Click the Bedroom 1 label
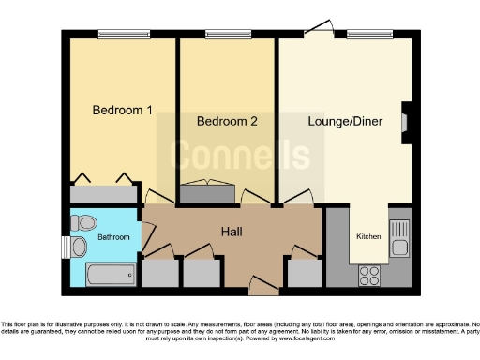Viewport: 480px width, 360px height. pyautogui.click(x=122, y=110)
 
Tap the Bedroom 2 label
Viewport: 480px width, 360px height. pyautogui.click(x=227, y=121)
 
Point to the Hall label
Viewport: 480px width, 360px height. pyautogui.click(x=233, y=231)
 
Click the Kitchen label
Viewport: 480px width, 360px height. pyautogui.click(x=367, y=237)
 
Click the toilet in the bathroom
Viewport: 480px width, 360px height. pyautogui.click(x=83, y=223)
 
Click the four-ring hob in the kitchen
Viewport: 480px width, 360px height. pyautogui.click(x=368, y=276)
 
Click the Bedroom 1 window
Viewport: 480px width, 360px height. pyautogui.click(x=122, y=36)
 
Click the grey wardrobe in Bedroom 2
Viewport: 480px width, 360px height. pyautogui.click(x=208, y=195)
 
